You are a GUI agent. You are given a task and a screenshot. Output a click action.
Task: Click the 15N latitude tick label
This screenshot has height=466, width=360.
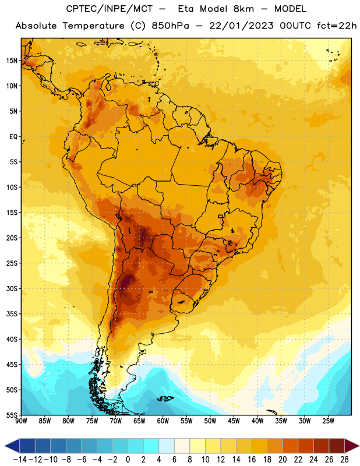click(12, 61)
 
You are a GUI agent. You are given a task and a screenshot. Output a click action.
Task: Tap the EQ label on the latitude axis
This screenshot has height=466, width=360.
click(13, 137)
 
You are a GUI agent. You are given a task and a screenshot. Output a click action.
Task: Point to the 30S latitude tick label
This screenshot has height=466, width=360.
click(12, 288)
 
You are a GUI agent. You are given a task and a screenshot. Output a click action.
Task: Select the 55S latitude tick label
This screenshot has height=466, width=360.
click(12, 415)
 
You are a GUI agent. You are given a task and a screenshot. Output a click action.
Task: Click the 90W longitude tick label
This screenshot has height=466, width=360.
click(22, 421)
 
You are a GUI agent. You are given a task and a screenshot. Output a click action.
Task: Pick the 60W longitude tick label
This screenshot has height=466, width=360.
click(163, 421)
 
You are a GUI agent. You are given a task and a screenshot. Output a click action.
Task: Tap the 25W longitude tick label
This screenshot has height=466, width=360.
click(328, 421)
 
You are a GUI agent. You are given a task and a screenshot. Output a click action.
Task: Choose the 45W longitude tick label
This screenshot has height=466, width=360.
click(234, 421)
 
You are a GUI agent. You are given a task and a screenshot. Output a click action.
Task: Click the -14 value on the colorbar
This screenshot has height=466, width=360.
click(20, 460)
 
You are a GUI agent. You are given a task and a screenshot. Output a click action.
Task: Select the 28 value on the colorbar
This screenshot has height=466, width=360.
click(344, 460)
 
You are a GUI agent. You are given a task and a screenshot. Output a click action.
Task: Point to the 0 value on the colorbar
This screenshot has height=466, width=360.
click(128, 460)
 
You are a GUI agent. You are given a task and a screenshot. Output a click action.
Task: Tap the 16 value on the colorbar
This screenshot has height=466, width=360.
click(252, 460)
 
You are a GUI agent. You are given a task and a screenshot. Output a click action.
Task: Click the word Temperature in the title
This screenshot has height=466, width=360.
click(93, 26)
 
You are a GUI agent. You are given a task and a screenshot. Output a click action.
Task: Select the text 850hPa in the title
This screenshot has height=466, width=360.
click(170, 26)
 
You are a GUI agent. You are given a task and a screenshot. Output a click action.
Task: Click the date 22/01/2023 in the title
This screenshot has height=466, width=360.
click(241, 26)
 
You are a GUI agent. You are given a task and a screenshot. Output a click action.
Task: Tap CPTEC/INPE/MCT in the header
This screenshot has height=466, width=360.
click(109, 9)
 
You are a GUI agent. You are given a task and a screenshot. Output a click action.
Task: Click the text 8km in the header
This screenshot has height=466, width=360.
click(243, 9)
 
